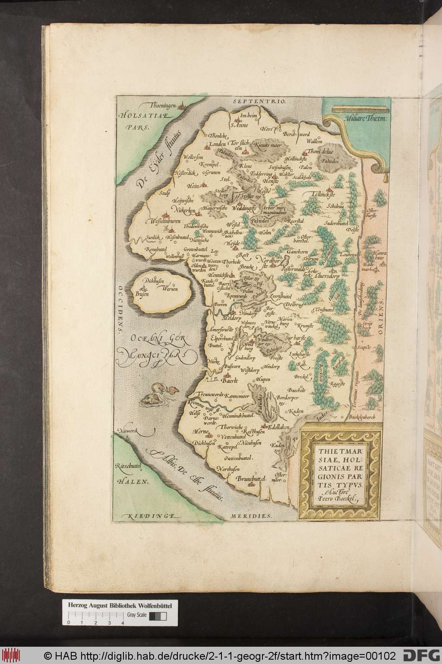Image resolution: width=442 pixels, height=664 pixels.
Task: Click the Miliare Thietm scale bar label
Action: point(366,117)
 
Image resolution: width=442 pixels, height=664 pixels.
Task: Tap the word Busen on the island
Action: point(142,294)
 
